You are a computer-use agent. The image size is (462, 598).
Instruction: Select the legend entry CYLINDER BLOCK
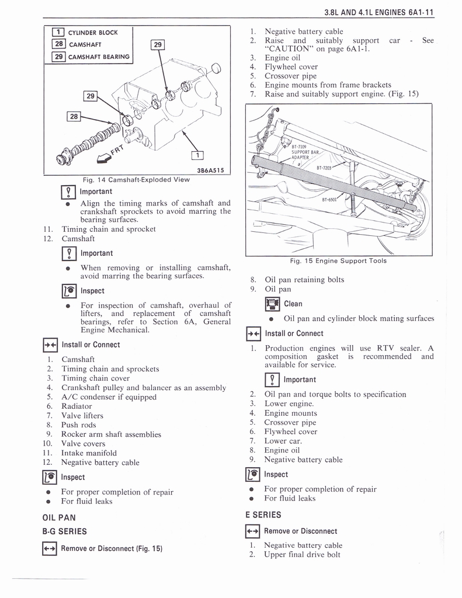[x=93, y=33]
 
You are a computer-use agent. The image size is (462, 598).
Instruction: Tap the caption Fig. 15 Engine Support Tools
[x=338, y=261]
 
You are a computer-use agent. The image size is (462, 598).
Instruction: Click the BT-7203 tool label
[x=324, y=168]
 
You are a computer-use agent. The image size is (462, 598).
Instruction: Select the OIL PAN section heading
[x=59, y=517]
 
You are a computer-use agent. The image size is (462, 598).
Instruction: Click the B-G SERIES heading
[x=65, y=531]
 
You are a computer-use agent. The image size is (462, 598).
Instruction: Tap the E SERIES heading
[x=263, y=515]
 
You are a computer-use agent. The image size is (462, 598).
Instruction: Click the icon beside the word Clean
[x=272, y=304]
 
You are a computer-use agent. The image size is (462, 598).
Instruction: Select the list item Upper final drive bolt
[x=302, y=555]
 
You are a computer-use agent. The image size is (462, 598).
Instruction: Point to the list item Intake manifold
[x=89, y=453]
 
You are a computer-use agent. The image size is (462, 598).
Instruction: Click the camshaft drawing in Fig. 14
[x=93, y=141]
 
